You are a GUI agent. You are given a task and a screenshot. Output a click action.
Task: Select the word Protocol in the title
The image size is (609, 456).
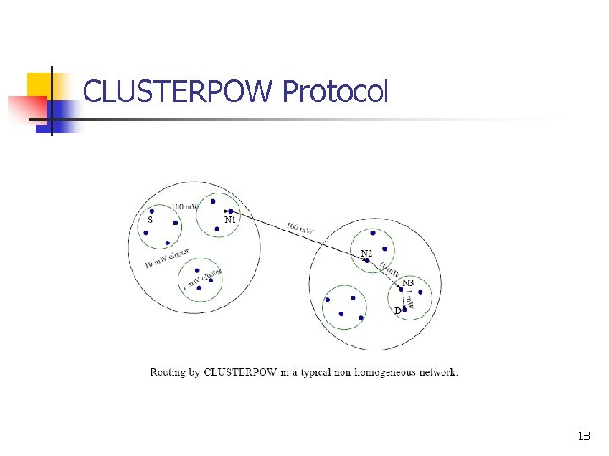click(x=336, y=91)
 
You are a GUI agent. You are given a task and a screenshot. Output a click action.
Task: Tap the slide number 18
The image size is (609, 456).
click(x=583, y=437)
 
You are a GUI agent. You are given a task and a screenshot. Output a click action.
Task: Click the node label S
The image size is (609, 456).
click(x=150, y=220)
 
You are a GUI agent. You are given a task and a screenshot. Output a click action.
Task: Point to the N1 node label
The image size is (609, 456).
click(x=230, y=220)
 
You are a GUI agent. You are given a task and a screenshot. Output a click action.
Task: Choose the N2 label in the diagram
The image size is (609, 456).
click(x=366, y=253)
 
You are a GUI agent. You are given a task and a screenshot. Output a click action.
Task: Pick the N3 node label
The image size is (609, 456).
click(x=408, y=282)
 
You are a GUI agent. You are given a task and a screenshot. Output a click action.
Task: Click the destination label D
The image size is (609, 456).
click(x=397, y=311)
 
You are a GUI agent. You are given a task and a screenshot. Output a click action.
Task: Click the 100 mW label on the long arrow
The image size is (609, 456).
click(x=300, y=228)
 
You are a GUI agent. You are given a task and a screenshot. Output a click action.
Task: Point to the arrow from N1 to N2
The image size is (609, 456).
click(x=296, y=236)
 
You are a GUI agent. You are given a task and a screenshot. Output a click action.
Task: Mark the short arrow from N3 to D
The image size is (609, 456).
click(x=403, y=299)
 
